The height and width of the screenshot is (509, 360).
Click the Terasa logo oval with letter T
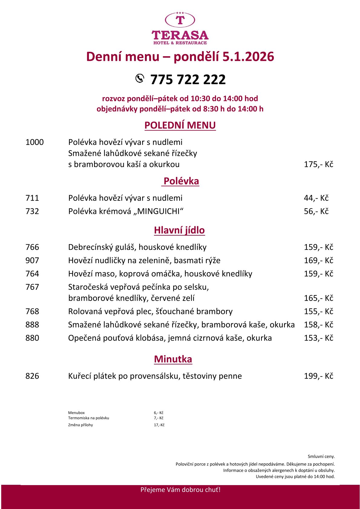(x=180, y=20)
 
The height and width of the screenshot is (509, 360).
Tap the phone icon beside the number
(x=139, y=78)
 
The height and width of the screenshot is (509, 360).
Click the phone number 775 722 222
(x=188, y=80)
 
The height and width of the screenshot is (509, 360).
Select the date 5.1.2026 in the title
(x=248, y=57)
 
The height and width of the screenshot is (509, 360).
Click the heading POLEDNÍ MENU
(x=180, y=125)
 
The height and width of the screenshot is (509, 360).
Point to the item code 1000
(x=34, y=142)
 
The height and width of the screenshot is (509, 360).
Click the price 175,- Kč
(x=318, y=165)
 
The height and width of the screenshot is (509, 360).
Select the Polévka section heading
(x=181, y=181)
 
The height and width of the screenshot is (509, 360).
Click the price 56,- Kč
(x=316, y=211)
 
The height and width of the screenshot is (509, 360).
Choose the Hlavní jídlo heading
(x=179, y=230)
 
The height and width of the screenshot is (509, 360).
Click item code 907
(x=32, y=260)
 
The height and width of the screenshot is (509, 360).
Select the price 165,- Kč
(x=318, y=298)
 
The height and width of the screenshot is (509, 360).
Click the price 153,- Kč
(x=318, y=338)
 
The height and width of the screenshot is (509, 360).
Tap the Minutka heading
(x=173, y=359)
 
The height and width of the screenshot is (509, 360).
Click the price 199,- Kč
(x=318, y=376)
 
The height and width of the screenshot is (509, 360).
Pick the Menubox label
(x=77, y=413)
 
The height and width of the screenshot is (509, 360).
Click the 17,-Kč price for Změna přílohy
(x=159, y=425)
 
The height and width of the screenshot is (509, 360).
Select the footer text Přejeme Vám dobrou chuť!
(x=180, y=490)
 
